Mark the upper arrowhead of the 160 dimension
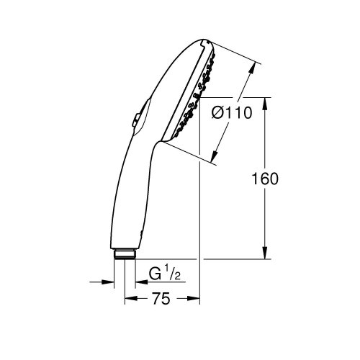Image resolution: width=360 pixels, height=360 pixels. tap(267, 102)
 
